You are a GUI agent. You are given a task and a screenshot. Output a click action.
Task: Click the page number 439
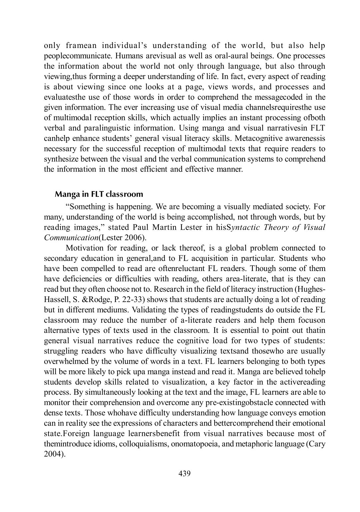[184, 473]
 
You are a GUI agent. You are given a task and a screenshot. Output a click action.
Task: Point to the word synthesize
[60, 159]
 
